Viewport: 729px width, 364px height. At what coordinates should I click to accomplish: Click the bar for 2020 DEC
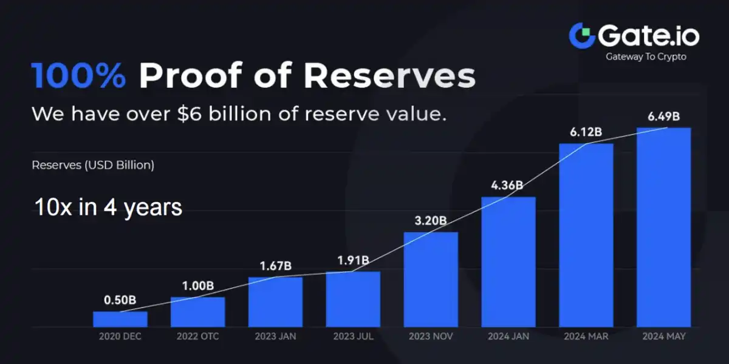coord(120,319)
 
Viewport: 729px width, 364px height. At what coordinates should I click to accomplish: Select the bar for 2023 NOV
coord(431,279)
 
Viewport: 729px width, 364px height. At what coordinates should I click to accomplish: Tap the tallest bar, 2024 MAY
coord(663,227)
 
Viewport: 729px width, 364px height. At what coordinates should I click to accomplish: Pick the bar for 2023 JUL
coord(353,299)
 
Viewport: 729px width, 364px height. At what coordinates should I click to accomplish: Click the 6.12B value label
coord(586,132)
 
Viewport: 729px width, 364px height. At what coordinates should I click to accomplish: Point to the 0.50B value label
coord(120,300)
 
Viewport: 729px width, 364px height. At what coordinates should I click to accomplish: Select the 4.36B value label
coord(508,185)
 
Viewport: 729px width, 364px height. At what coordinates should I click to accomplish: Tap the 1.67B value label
coord(275,266)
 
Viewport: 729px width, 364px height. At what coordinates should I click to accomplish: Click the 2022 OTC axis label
coord(197,335)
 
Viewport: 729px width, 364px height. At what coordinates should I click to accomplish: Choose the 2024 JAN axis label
coord(508,335)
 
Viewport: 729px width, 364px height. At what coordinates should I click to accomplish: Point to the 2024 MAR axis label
coord(586,335)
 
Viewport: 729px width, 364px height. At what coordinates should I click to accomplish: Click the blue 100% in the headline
coord(79,76)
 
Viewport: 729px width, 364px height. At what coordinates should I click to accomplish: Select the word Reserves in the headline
coord(389,76)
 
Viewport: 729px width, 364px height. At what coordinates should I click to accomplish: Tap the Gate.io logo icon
coord(581,36)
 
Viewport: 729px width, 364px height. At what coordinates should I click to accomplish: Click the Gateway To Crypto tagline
coord(646,57)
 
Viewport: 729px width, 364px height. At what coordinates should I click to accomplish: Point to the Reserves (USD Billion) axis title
coord(93,164)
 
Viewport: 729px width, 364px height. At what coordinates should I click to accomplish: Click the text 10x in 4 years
coord(108,207)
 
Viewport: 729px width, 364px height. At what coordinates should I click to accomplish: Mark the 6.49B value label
coord(663,116)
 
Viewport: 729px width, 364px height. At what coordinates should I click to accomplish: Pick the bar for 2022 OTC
coord(197,312)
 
